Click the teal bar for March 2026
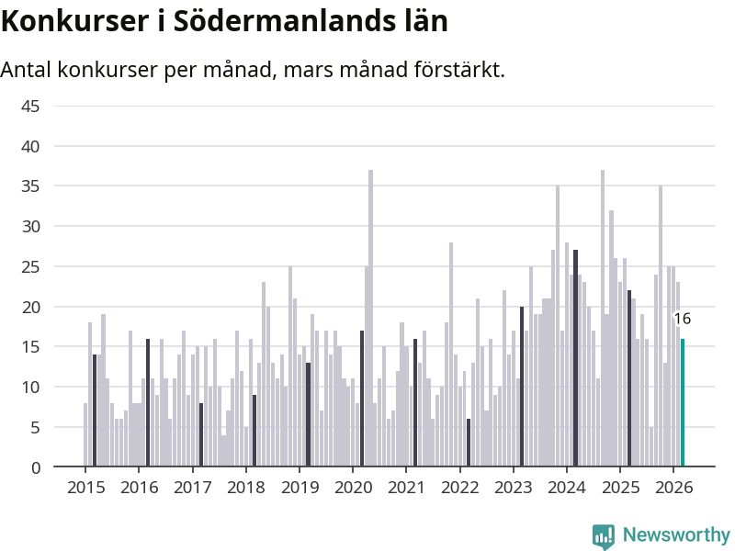[683, 403]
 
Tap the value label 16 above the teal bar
[683, 320]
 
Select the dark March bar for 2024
[575, 358]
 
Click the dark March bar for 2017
[201, 434]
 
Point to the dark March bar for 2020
[362, 399]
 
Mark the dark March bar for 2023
[522, 387]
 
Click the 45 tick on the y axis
[30, 106]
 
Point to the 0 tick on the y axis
[35, 467]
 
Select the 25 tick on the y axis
[30, 266]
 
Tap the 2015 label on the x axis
[85, 487]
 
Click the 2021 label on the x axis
[405, 487]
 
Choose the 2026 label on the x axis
[673, 487]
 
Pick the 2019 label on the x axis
[299, 487]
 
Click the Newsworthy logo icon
[604, 535]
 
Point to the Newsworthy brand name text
[676, 534]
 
